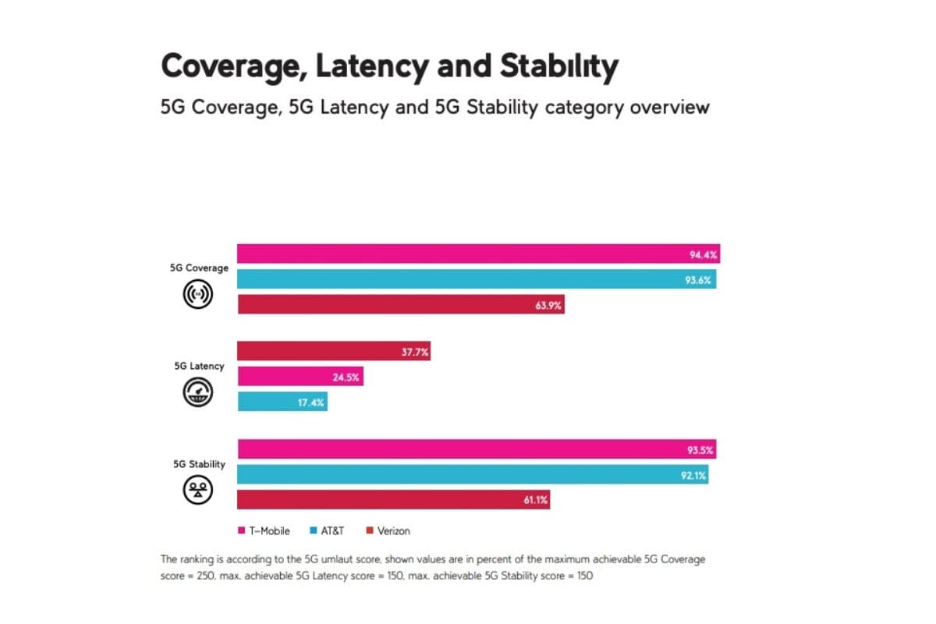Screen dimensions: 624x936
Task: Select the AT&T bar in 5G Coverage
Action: click(x=477, y=279)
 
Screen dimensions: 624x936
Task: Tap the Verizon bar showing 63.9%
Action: click(x=400, y=304)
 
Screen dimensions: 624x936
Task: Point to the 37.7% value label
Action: click(x=414, y=352)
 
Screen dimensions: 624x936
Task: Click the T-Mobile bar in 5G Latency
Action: click(x=300, y=377)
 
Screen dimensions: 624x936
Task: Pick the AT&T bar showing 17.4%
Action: click(x=282, y=402)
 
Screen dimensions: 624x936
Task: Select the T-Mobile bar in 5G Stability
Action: click(x=476, y=449)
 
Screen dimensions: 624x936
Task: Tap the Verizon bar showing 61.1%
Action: click(x=393, y=499)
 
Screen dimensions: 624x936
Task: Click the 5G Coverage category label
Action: click(x=199, y=268)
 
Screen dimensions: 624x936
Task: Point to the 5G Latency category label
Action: click(x=199, y=366)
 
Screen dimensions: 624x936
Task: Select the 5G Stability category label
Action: click(x=199, y=464)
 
